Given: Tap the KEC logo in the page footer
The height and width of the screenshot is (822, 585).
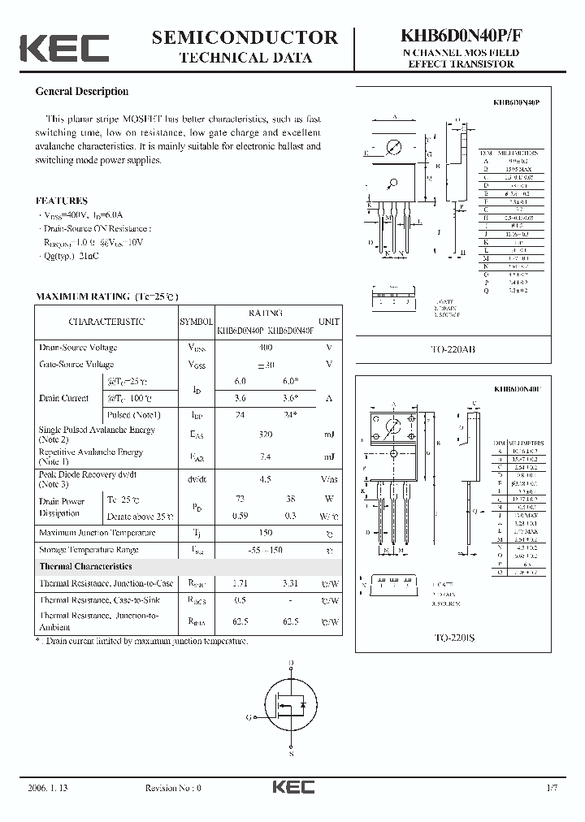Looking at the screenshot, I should click(292, 787).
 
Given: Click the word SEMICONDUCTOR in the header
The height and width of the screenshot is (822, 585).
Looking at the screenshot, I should click(245, 37).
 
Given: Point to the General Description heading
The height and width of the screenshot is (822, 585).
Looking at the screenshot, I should click(82, 92).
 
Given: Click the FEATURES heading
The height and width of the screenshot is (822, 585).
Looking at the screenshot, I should click(62, 201).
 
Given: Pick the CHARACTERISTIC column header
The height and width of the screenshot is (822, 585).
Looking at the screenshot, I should click(106, 322).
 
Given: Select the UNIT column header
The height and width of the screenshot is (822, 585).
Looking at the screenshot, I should click(329, 322).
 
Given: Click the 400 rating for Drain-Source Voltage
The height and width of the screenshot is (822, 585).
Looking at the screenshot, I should click(264, 348).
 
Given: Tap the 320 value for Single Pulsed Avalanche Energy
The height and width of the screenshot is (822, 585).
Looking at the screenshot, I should click(264, 435).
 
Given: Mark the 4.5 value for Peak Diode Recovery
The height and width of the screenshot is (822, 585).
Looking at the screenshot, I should click(264, 479).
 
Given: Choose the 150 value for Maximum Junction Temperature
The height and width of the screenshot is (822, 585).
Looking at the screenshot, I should click(264, 533).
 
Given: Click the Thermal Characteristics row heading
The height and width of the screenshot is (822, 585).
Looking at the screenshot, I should click(86, 566).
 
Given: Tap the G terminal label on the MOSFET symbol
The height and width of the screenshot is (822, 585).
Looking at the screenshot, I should click(249, 717).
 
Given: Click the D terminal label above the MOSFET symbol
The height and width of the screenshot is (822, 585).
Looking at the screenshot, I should click(292, 662).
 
